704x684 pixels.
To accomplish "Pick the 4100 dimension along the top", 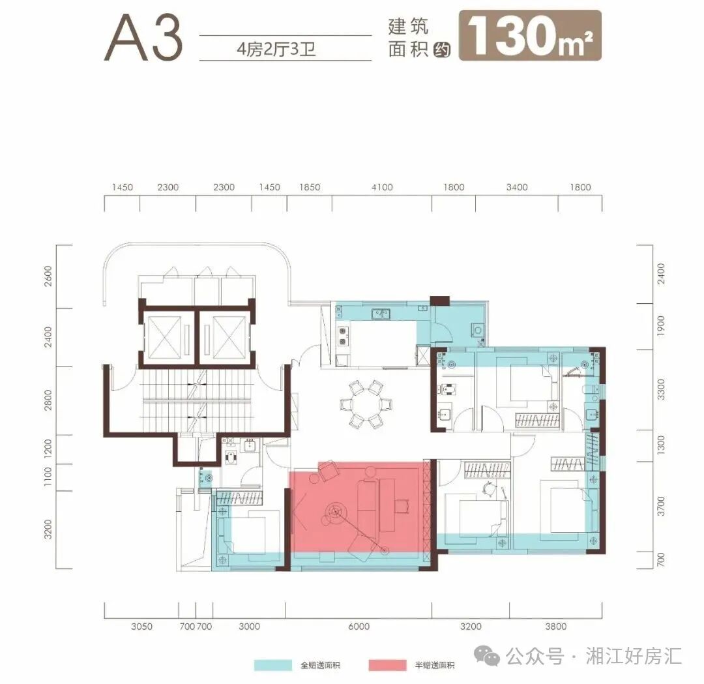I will click(382, 188).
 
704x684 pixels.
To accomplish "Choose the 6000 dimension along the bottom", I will click(359, 627).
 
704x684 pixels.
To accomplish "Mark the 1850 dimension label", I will click(310, 188).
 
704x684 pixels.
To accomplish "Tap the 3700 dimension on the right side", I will click(661, 506).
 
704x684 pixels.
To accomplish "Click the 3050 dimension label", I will click(141, 627).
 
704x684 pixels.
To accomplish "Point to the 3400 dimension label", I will click(516, 188).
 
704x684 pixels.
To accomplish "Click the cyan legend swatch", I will click(272, 665).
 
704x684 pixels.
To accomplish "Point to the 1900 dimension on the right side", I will click(661, 327).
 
